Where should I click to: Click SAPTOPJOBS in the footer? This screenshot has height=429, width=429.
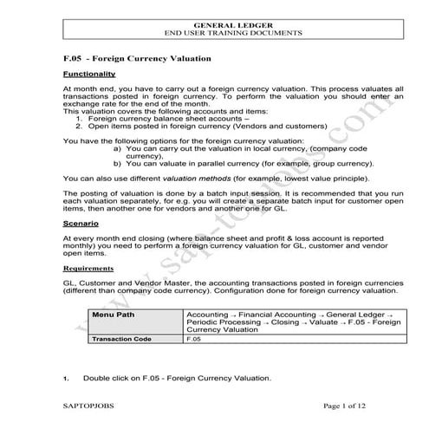click(x=90, y=405)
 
